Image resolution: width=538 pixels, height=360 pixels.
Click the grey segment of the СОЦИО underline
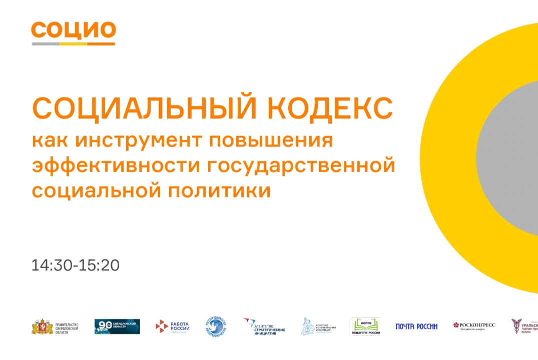[x=46, y=44]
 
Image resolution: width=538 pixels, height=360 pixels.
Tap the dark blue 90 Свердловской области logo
[x=117, y=326]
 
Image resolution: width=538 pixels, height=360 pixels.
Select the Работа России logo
[x=172, y=326]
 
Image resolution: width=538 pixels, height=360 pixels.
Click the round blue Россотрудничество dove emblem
[x=216, y=326]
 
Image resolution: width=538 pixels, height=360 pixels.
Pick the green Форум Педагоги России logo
[x=366, y=326]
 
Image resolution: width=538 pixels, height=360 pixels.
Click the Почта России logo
[x=416, y=326]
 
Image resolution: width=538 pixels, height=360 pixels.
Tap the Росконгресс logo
[x=474, y=325]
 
